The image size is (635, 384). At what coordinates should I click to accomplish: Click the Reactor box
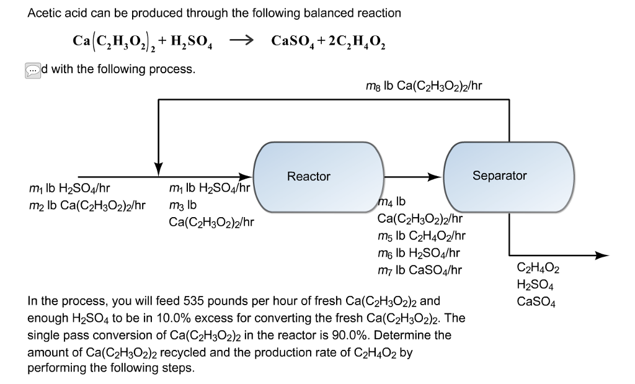click(309, 177)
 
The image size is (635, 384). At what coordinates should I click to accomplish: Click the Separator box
click(499, 176)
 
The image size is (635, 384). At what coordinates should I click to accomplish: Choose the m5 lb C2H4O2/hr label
click(421, 235)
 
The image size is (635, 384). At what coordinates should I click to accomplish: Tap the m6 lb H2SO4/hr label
click(418, 252)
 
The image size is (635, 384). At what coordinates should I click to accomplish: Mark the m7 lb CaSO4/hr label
click(419, 270)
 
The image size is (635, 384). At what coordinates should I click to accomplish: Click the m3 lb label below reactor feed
click(182, 205)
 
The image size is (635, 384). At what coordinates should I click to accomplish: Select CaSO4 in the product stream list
click(536, 303)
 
